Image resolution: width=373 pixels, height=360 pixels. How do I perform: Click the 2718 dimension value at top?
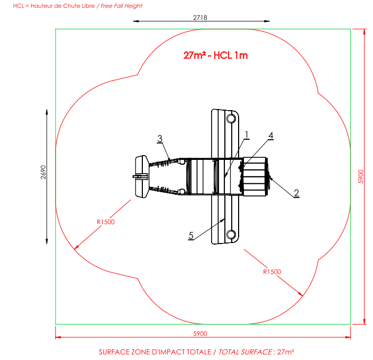click(199, 17)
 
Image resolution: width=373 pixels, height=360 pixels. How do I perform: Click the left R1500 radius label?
click(105, 222)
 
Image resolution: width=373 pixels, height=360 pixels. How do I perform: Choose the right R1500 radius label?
click(272, 272)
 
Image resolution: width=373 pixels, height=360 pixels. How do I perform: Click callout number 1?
click(247, 134)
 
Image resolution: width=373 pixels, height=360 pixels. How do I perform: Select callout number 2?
click(297, 193)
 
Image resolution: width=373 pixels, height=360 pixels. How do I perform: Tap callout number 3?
click(159, 138)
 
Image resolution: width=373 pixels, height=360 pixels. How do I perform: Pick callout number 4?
click(270, 136)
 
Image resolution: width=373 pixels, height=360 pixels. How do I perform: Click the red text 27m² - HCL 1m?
click(216, 55)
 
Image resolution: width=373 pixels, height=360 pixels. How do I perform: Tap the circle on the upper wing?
click(231, 118)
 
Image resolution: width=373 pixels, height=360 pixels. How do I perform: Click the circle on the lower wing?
click(231, 234)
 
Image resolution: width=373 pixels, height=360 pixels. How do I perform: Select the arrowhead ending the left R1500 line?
click(76, 247)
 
